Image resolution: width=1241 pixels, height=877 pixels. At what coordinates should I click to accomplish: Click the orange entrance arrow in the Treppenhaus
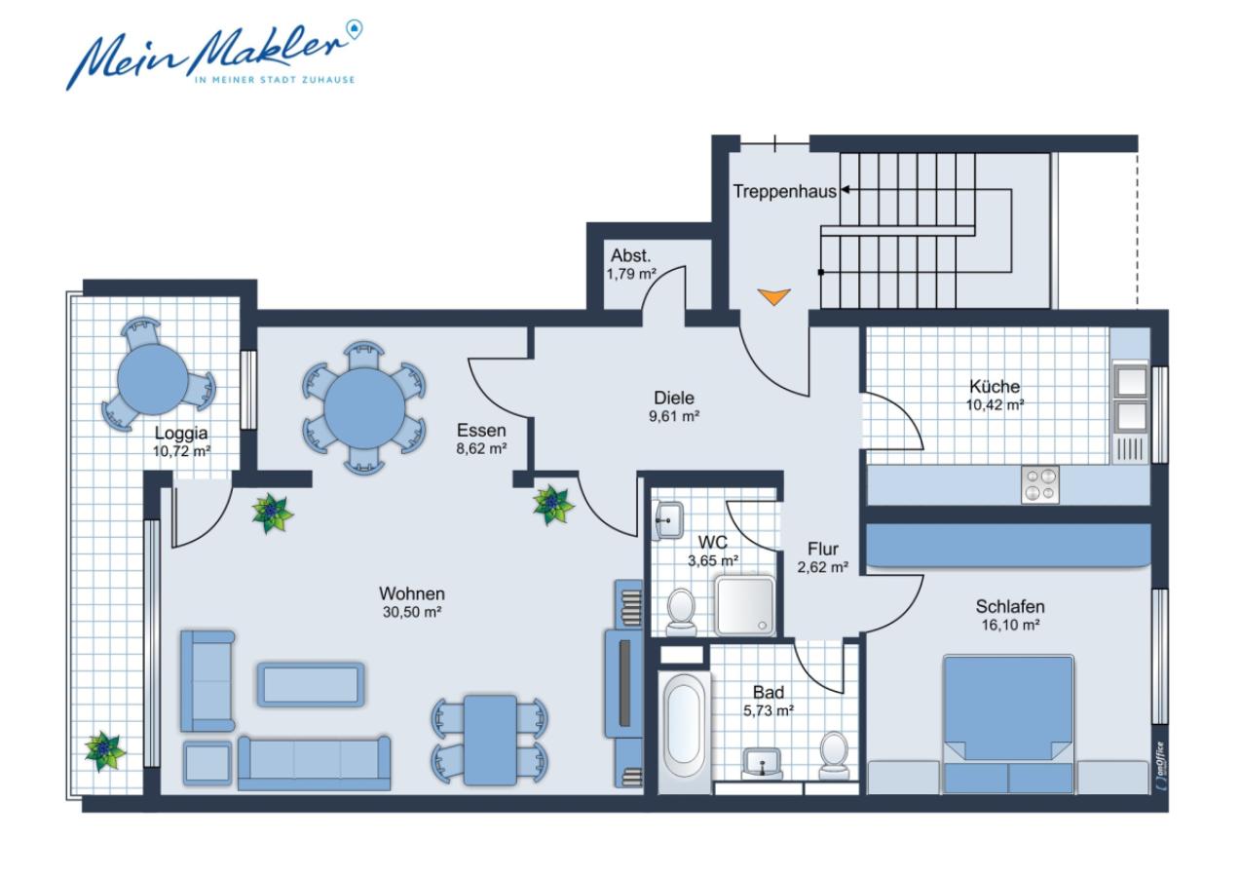point(774,297)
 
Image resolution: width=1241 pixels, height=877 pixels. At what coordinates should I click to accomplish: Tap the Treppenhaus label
point(784,192)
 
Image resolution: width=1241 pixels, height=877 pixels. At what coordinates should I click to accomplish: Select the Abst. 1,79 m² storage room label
point(631,264)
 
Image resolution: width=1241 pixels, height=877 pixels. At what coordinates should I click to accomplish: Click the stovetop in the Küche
point(1040,485)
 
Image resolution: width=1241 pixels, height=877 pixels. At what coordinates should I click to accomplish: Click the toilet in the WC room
point(681,612)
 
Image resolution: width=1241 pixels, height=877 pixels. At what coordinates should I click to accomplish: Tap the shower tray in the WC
point(745,605)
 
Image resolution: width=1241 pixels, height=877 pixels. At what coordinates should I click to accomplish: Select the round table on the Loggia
point(153,380)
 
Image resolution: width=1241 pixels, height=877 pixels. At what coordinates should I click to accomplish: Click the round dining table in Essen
point(364,408)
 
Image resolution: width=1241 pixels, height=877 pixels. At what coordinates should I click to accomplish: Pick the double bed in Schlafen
point(1008,725)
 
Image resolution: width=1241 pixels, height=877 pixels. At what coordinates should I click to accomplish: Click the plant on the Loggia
point(104,751)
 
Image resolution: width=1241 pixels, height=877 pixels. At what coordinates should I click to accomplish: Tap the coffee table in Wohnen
point(310,684)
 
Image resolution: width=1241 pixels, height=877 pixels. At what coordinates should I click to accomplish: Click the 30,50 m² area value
point(412,612)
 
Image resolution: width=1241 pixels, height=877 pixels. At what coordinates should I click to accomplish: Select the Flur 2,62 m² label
point(823,557)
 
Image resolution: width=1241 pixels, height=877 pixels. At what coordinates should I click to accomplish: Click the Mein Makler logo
point(214,55)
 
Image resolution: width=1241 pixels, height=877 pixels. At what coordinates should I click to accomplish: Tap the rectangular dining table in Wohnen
point(490,740)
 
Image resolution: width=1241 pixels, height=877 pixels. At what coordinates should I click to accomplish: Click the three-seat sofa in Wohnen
point(314,763)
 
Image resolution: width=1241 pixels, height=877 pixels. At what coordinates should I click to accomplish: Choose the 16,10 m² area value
point(1010,625)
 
